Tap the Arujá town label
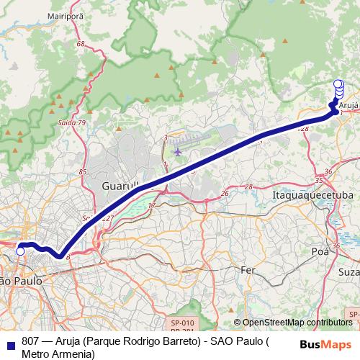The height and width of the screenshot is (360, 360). [348, 105]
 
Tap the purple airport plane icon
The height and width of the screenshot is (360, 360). [179, 151]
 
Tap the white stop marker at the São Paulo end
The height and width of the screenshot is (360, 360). [21, 251]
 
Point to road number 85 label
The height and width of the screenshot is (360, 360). [83, 172]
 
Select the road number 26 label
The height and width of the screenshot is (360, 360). [225, 194]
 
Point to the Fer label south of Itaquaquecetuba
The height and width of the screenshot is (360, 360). [248, 269]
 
